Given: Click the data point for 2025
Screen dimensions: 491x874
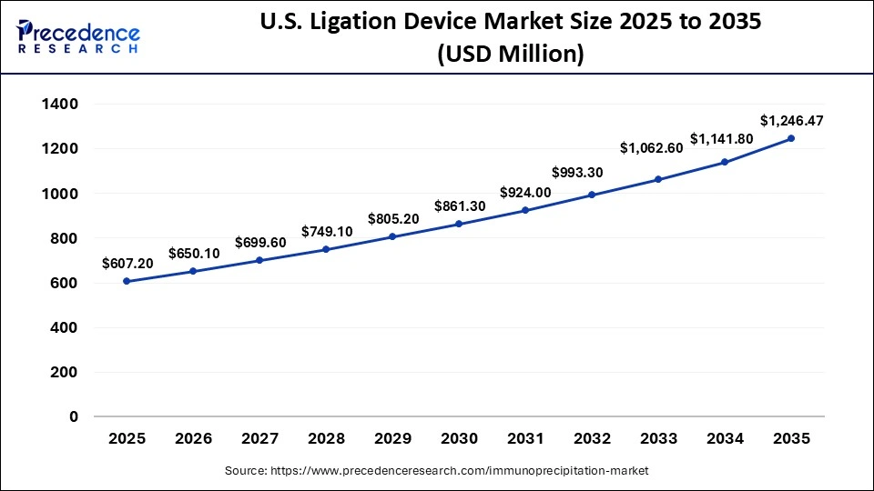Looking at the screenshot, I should click(127, 281).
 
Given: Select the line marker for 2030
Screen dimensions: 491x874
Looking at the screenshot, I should click(459, 224).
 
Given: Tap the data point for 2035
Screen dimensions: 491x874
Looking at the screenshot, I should click(790, 138).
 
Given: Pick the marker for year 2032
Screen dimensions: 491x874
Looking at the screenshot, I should click(592, 195).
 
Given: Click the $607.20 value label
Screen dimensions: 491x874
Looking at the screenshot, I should click(127, 262).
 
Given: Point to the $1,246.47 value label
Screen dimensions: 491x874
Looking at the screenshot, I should click(790, 119).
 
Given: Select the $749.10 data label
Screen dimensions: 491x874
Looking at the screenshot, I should click(326, 231).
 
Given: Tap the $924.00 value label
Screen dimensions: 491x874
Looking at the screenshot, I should click(525, 192).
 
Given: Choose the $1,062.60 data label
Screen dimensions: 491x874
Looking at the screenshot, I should click(651, 147).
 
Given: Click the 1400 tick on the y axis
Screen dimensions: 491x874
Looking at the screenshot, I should click(60, 105).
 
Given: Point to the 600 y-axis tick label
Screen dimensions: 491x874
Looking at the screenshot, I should click(65, 283).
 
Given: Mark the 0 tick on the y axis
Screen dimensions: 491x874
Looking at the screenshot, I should click(74, 417).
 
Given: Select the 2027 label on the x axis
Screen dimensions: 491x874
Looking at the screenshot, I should click(259, 439).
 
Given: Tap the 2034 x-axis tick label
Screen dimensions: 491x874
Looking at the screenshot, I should click(725, 439).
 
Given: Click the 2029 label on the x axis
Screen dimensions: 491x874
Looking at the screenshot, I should click(392, 439).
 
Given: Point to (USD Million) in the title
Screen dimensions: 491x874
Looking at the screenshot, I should click(510, 55).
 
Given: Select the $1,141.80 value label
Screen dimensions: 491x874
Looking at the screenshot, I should click(724, 139).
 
